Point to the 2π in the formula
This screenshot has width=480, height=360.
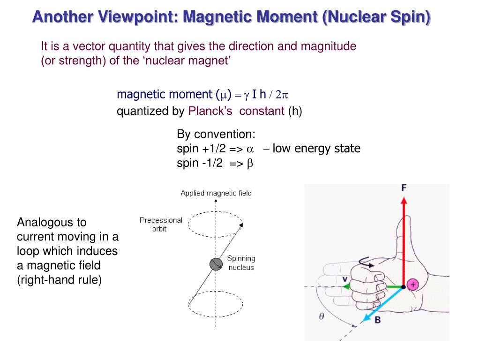click(281, 95)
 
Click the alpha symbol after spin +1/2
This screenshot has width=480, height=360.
click(250, 150)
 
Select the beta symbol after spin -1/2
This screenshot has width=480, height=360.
click(250, 164)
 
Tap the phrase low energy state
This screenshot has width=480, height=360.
click(316, 149)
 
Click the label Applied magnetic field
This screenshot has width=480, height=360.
click(216, 193)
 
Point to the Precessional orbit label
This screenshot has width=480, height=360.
click(160, 225)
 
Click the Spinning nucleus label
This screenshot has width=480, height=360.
click(241, 263)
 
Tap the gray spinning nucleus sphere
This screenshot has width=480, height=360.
click(216, 264)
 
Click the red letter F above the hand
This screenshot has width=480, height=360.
click(404, 188)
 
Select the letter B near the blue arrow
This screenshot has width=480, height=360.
click(377, 320)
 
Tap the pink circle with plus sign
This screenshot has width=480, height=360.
click(412, 284)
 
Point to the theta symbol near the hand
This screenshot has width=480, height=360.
click(322, 316)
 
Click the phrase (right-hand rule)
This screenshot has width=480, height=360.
click(59, 280)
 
